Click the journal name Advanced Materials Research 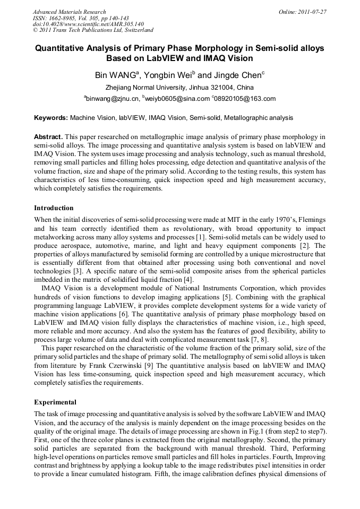(x=69, y=12)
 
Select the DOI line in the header (x=88, y=24)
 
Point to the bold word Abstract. (x=48, y=136)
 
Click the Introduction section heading (x=54, y=208)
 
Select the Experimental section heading (x=55, y=402)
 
